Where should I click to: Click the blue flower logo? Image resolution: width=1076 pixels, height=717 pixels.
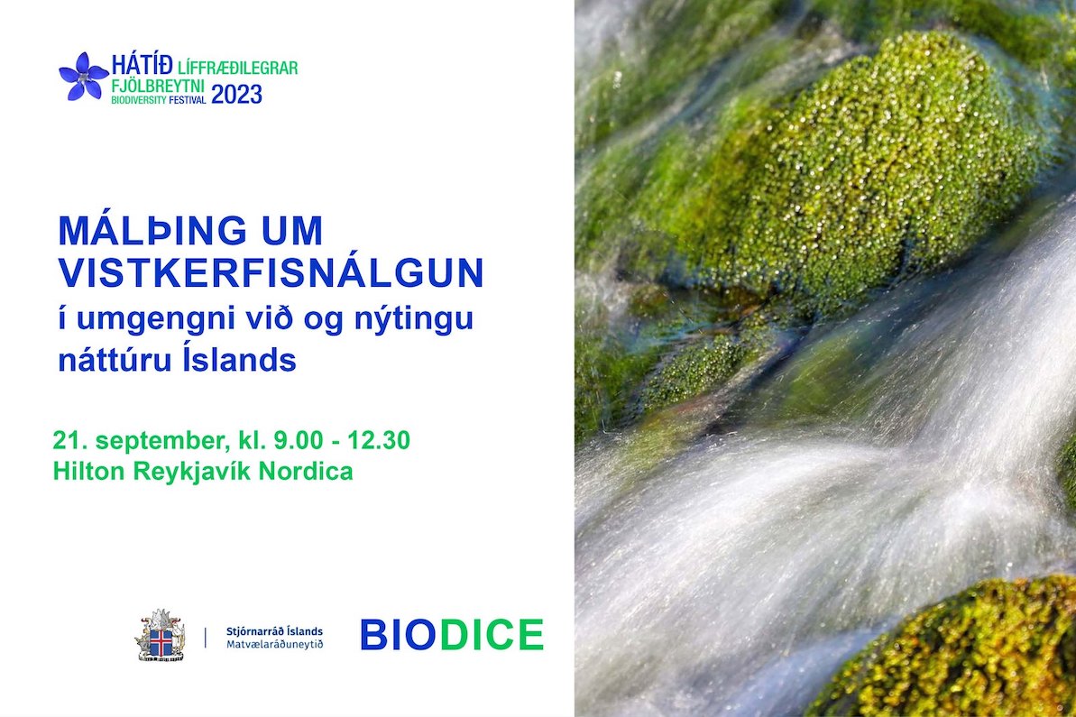pyautogui.click(x=84, y=76)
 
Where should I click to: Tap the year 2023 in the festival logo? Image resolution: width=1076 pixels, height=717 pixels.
pyautogui.click(x=236, y=95)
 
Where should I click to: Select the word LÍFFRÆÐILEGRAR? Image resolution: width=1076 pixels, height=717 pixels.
pyautogui.click(x=237, y=68)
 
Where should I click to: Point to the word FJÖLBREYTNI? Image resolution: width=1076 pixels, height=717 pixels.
pyautogui.click(x=158, y=87)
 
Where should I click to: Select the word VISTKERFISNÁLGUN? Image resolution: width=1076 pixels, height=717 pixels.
pyautogui.click(x=271, y=272)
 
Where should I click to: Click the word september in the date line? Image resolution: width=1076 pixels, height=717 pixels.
pyautogui.click(x=161, y=441)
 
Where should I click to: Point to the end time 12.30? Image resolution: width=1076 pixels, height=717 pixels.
pyautogui.click(x=379, y=440)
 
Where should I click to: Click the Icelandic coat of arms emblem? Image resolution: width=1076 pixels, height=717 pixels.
pyautogui.click(x=161, y=635)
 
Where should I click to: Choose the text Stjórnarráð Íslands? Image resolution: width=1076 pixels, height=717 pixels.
pyautogui.click(x=274, y=631)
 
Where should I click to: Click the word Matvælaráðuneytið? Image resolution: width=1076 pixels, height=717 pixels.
pyautogui.click(x=274, y=644)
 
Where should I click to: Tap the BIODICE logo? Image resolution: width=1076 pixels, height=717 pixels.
pyautogui.click(x=452, y=635)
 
